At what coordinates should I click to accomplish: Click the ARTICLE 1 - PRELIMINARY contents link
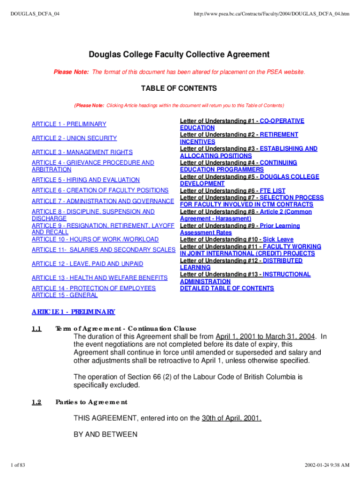click(69, 124)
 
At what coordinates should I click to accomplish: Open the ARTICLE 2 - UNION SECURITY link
click(74, 138)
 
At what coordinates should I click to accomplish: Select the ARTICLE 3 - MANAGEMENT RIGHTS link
click(82, 152)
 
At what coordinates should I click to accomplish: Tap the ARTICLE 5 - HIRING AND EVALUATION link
click(86, 180)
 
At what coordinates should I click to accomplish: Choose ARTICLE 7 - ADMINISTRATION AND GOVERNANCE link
click(102, 201)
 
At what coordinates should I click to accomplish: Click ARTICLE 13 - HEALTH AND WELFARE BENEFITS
click(99, 278)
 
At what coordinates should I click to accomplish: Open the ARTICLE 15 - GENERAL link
click(65, 295)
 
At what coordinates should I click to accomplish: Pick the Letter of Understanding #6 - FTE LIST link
click(232, 191)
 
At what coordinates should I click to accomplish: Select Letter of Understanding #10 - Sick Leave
click(237, 239)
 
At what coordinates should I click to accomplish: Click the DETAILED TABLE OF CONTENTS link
click(227, 288)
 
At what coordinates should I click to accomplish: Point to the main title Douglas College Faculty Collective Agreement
click(179, 55)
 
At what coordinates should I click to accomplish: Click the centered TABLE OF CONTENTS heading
click(179, 88)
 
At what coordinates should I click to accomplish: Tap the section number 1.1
click(36, 328)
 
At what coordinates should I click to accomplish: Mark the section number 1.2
click(36, 402)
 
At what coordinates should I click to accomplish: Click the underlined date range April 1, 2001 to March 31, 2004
click(266, 337)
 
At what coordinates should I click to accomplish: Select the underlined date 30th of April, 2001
click(231, 418)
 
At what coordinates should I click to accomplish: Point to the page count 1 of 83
click(19, 465)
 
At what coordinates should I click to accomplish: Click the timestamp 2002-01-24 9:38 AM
click(327, 465)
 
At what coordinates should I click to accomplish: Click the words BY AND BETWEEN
click(105, 435)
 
